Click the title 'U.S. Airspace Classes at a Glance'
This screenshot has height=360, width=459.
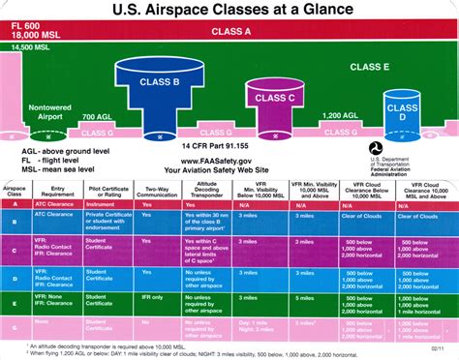click(229, 12)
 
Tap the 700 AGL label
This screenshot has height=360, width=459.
click(96, 117)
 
